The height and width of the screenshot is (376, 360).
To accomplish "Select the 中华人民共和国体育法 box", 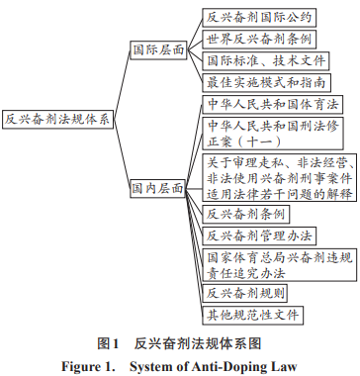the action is [274, 105].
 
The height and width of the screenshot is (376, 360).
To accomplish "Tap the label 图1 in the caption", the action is [109, 343].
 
